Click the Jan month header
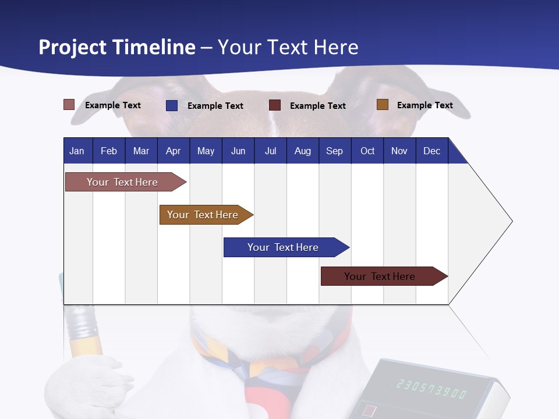[77, 151]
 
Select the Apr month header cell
[173, 151]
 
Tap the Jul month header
[270, 151]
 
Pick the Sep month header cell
[334, 151]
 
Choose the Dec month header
[431, 151]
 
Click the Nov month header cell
[399, 151]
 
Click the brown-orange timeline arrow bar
[204, 215]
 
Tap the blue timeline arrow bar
[284, 247]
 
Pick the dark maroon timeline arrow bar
[381, 276]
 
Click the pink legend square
[69, 105]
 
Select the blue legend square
[171, 105]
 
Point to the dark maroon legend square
[275, 105]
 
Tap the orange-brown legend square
[382, 105]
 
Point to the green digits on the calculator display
[431, 388]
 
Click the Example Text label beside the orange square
[424, 105]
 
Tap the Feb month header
[109, 151]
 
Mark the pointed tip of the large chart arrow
[511, 221]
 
